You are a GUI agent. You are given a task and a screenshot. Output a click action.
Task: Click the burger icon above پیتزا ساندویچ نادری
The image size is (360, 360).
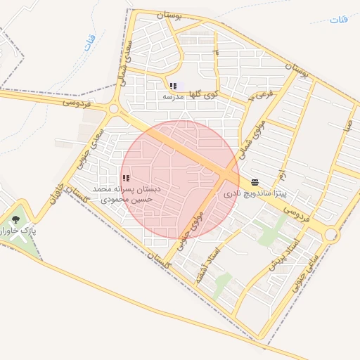click(255, 181)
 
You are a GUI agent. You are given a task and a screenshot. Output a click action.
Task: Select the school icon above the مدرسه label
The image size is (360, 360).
click(173, 86)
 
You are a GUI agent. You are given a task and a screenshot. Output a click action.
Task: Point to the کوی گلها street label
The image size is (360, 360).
click(206, 92)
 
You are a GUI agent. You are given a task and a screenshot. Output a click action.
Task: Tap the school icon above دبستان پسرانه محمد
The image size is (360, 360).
click(126, 179)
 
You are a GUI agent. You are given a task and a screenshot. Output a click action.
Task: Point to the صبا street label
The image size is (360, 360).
click(347, 126)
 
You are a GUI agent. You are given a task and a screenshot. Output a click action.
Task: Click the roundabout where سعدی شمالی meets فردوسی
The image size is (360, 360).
click(113, 109)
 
